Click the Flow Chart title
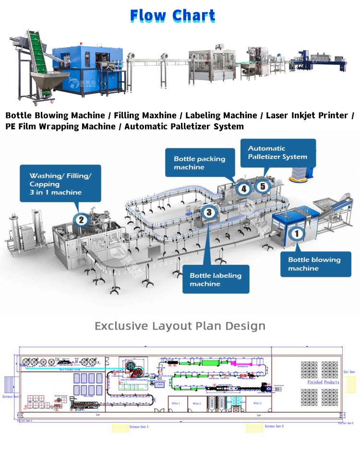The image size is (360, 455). coord(173,15)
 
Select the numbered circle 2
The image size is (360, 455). coord(81,220)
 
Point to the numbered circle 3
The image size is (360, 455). coord(208,210)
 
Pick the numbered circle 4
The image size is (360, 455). coord(244,189)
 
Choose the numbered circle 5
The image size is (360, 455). coord(263,186)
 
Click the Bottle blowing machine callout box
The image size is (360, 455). coord(314,264)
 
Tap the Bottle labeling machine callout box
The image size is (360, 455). coord(216,279)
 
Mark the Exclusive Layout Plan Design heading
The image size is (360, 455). coord(180,326)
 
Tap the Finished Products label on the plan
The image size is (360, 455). coord(323,382)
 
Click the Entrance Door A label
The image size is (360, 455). coord(139,427)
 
